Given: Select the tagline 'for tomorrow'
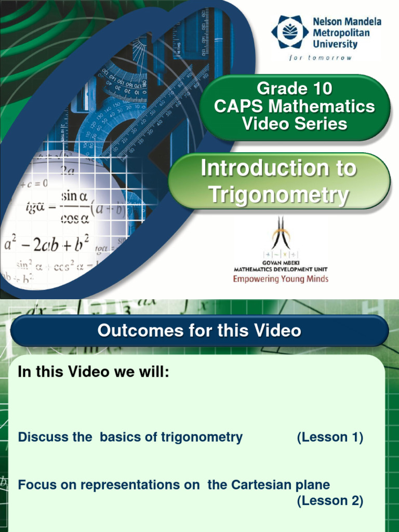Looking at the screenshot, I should pyautogui.click(x=320, y=58).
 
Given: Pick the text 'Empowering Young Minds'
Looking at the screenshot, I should pyautogui.click(x=281, y=279).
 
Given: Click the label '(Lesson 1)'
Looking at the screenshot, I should pyautogui.click(x=330, y=437).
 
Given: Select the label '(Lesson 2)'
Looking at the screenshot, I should pyautogui.click(x=330, y=501).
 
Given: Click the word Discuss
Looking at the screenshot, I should pyautogui.click(x=39, y=437).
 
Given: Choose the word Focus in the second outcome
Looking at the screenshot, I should pyautogui.click(x=34, y=485).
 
